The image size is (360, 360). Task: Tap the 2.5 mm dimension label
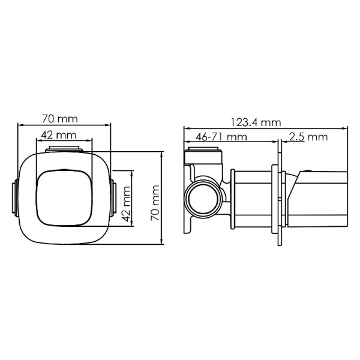pyautogui.click(x=308, y=137)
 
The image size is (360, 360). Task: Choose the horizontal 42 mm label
pyautogui.click(x=59, y=134)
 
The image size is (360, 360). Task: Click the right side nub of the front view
pyautogui.click(x=113, y=198)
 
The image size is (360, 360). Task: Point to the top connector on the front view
pyautogui.click(x=64, y=149)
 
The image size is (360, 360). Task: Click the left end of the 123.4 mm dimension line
pyautogui.click(x=184, y=128)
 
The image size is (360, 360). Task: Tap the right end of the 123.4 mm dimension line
pyautogui.click(x=348, y=128)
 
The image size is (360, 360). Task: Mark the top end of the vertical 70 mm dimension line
pyautogui.click(x=162, y=152)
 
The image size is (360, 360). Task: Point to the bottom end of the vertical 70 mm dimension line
pyautogui.click(x=162, y=244)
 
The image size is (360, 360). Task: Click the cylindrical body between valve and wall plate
pyautogui.click(x=251, y=198)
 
